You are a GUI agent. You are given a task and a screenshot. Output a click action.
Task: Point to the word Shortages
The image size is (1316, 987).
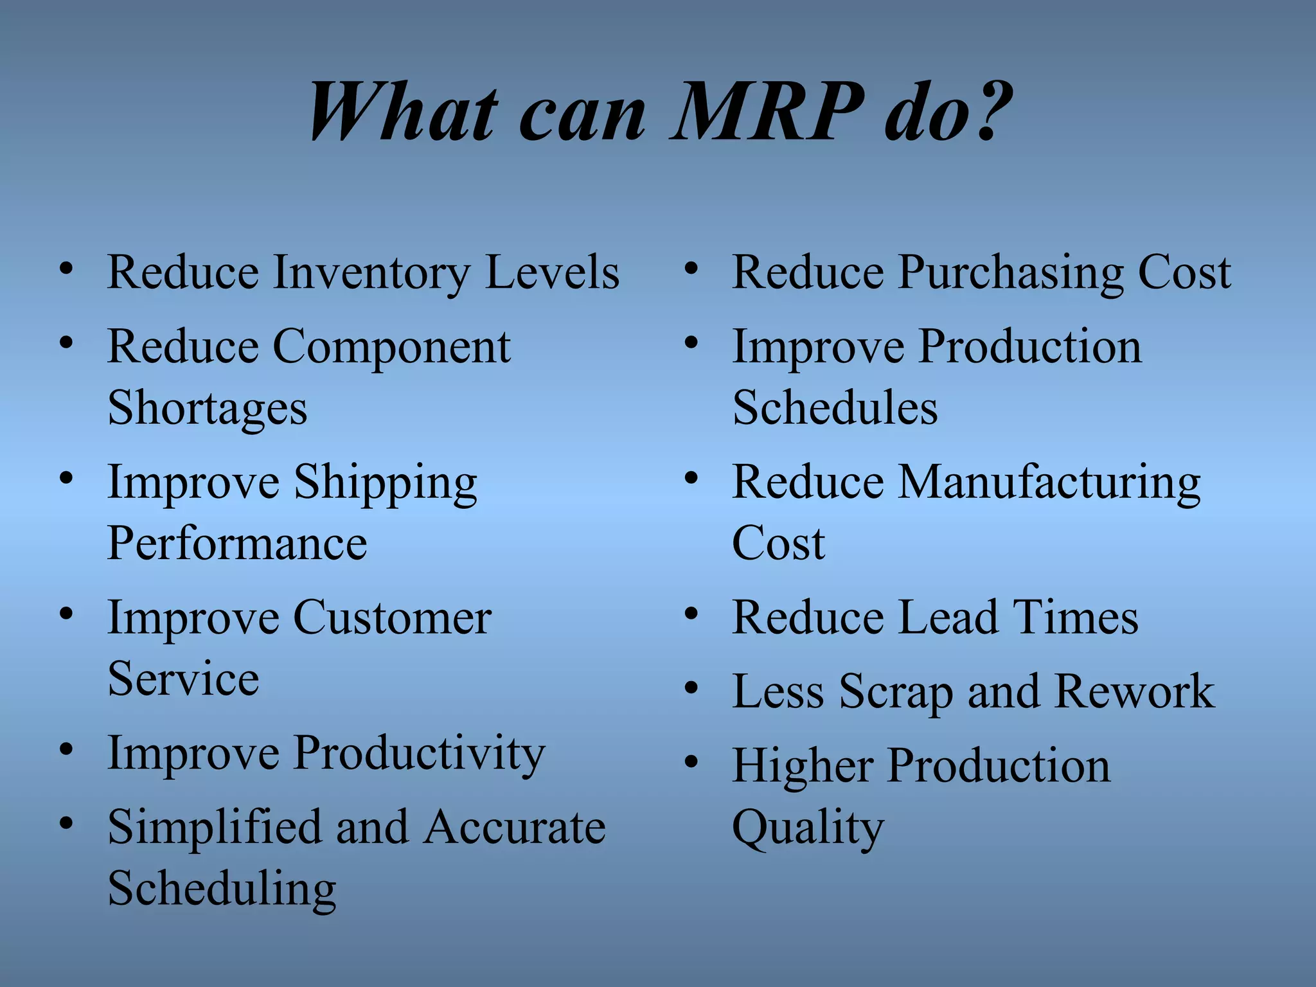[x=208, y=409]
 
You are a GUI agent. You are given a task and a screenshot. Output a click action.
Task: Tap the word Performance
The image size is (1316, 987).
[x=237, y=544]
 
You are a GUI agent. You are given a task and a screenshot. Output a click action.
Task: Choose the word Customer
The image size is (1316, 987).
[x=392, y=618]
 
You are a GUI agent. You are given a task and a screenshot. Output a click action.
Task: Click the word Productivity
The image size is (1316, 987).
[x=419, y=754]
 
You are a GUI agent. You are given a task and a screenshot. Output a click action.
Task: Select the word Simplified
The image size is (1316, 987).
[x=214, y=827]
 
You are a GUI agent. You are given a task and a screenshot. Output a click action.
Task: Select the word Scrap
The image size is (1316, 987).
[x=896, y=693]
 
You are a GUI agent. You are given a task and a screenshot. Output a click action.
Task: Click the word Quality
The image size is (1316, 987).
[x=808, y=829]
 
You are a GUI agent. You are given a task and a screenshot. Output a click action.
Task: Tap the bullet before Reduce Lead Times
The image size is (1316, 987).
[x=691, y=615]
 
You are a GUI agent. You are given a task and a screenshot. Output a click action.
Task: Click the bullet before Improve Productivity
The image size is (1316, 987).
[x=66, y=750]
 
